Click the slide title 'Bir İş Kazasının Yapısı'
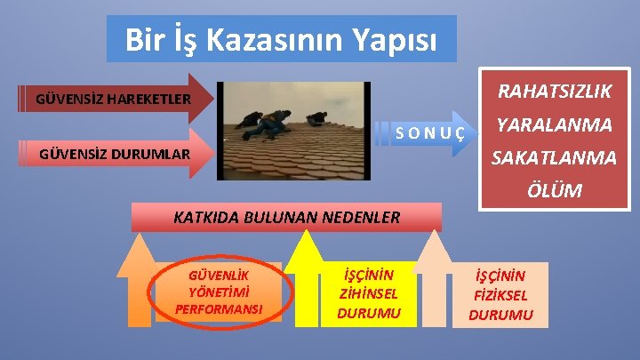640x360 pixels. point(281,39)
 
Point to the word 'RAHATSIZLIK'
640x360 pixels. point(542,92)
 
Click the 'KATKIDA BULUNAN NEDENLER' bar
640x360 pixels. point(286,216)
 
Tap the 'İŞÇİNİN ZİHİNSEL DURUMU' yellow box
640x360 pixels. point(368,292)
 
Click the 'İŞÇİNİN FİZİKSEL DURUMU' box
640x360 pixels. point(500,295)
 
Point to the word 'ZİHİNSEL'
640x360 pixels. point(368,292)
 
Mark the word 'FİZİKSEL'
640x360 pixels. point(500,295)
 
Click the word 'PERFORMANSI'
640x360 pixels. point(219,309)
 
